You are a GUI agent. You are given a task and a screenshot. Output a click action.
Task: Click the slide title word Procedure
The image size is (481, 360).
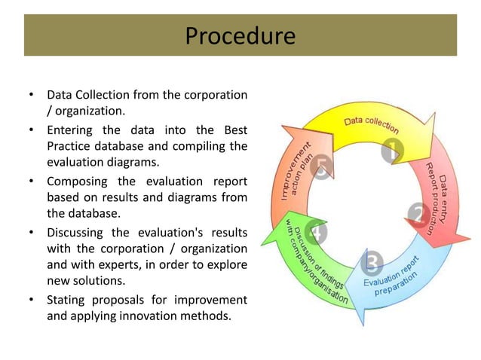pos(240,35)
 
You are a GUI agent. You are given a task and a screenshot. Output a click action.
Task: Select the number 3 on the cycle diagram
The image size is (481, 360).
pos(372,263)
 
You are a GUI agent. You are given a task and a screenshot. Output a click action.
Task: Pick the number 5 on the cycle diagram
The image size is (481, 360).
pos(323,169)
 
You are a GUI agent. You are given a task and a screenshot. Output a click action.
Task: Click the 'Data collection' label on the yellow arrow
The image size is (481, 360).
pos(372,125)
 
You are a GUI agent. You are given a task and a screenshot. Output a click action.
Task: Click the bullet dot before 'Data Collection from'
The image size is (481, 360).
pos(31,96)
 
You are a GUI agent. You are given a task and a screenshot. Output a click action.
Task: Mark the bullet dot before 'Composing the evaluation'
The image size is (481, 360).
pos(31,181)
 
